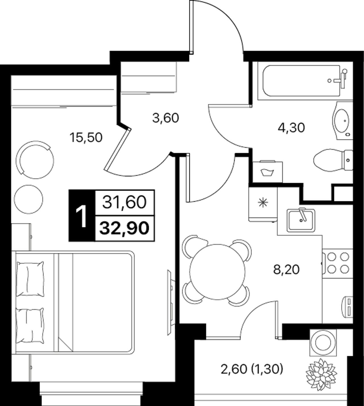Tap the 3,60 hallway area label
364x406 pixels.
pyautogui.click(x=166, y=118)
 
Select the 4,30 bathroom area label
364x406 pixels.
pyautogui.click(x=291, y=128)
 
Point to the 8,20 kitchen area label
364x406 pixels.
pyautogui.click(x=287, y=270)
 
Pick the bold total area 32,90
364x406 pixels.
pyautogui.click(x=124, y=228)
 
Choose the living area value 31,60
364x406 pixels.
pyautogui.click(x=125, y=202)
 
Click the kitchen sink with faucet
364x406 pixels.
pyautogui.click(x=301, y=220)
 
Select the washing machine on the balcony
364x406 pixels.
pyautogui.click(x=323, y=343)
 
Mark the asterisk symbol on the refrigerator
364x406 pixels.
pyautogui.click(x=263, y=203)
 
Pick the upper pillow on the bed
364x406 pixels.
pyautogui.click(x=30, y=279)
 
